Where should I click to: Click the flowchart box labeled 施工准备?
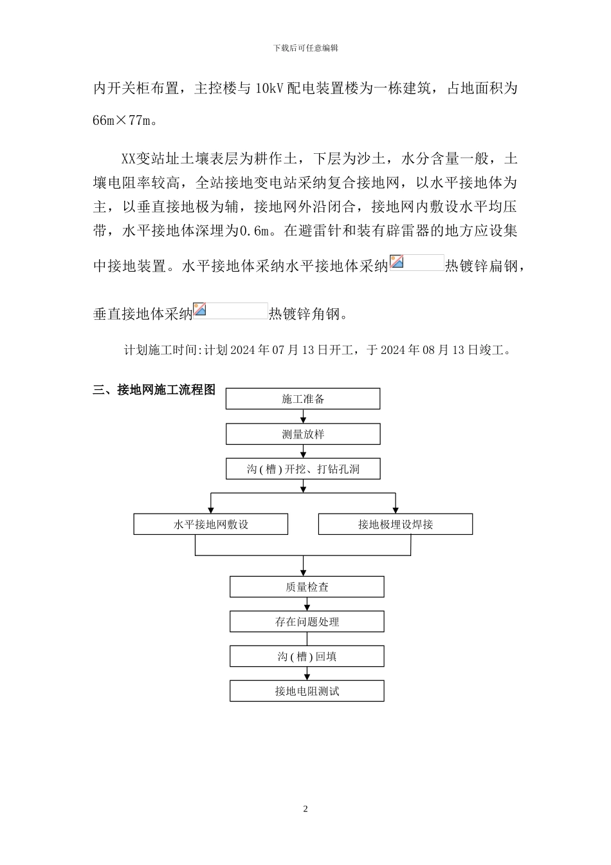click(x=302, y=399)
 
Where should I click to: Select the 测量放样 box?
click(x=302, y=434)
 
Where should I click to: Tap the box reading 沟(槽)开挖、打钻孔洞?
click(x=302, y=469)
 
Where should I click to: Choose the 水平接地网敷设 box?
click(x=210, y=525)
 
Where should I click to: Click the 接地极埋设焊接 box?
click(x=395, y=525)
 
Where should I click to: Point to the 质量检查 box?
click(x=307, y=587)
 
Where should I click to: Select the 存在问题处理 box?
click(x=307, y=622)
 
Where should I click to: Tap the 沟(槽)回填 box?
click(x=307, y=656)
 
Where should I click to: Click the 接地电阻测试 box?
click(x=307, y=691)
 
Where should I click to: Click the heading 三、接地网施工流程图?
click(x=154, y=390)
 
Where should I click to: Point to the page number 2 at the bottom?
click(x=305, y=809)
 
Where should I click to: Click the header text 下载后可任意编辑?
click(x=305, y=48)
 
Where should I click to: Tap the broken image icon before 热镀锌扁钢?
click(x=397, y=262)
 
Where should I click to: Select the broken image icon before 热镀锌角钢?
click(x=200, y=310)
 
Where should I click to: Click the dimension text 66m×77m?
click(x=124, y=120)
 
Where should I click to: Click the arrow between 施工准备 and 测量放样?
click(x=303, y=418)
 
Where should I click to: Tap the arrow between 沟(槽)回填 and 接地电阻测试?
click(x=307, y=674)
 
